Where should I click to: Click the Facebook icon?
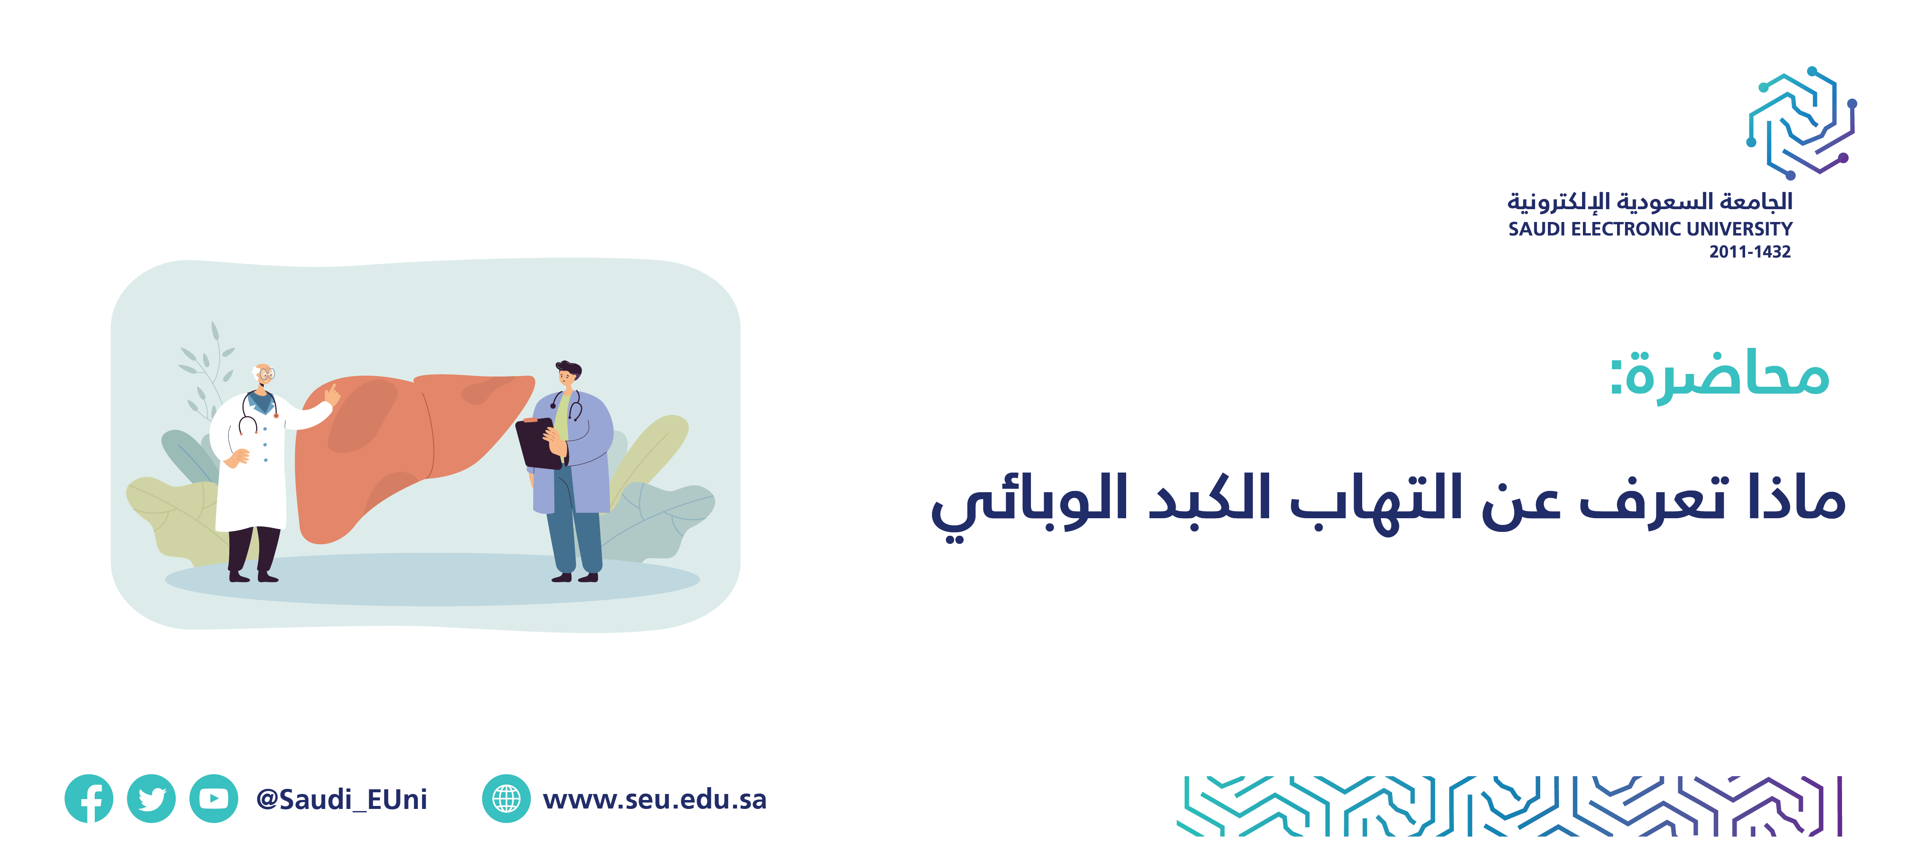coord(89,798)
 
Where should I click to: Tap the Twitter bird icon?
coord(152,798)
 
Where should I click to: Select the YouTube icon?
coord(214,798)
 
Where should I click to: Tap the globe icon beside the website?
coord(506,798)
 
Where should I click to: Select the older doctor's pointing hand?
coord(332,395)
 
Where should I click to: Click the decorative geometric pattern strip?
coord(1509,806)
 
